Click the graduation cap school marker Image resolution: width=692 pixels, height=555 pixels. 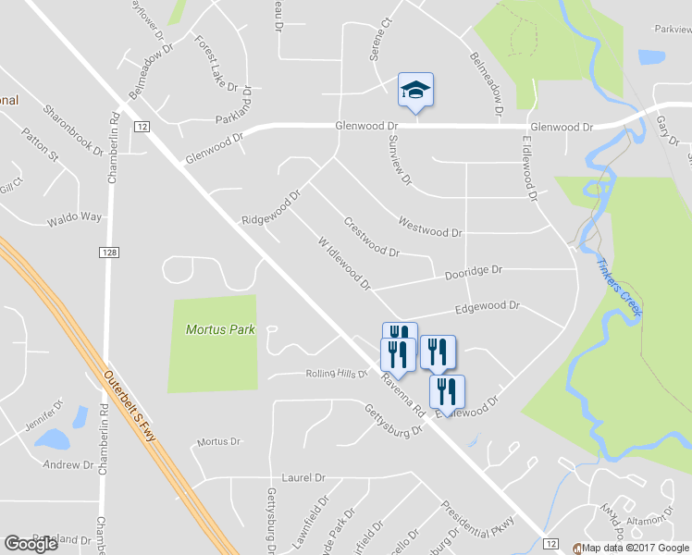click(x=415, y=90)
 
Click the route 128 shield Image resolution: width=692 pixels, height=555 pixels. click(x=108, y=252)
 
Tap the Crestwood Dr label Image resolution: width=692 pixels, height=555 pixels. click(x=370, y=236)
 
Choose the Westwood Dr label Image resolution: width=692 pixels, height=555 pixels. click(x=429, y=227)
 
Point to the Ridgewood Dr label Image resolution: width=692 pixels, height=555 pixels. click(x=272, y=208)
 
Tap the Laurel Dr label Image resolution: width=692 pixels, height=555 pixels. click(x=304, y=477)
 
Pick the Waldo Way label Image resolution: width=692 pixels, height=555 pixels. click(x=74, y=218)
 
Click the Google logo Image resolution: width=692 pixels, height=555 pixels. click(x=31, y=544)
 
